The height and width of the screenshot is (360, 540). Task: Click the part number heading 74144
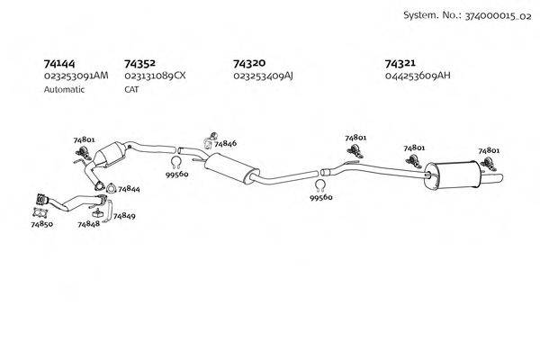(59, 63)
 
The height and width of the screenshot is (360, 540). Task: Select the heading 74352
(139, 63)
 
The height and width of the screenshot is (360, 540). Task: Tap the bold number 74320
(248, 63)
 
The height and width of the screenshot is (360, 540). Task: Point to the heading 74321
(400, 63)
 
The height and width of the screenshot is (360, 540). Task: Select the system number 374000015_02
(493, 16)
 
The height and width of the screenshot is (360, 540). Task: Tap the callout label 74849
(124, 216)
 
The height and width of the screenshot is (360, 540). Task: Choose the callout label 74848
(88, 222)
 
